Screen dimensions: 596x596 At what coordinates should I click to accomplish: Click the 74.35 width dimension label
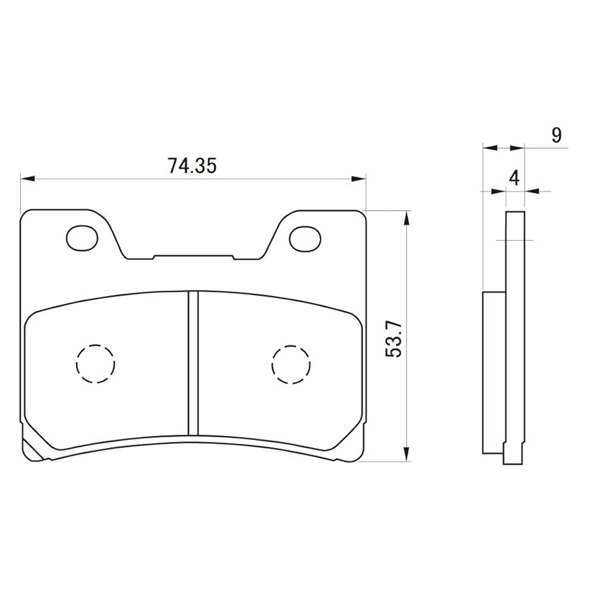tap(192, 166)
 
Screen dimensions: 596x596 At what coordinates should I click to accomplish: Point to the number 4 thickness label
tap(513, 178)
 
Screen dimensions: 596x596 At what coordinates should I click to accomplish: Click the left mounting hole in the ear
tap(82, 237)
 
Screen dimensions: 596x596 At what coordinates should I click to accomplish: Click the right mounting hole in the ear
tap(305, 238)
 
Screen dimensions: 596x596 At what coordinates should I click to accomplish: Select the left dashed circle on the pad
tap(95, 364)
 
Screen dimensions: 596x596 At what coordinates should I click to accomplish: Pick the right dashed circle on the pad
tap(291, 365)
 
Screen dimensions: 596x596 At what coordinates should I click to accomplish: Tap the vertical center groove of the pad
tap(193, 363)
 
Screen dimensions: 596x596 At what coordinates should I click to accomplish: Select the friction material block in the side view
tap(493, 372)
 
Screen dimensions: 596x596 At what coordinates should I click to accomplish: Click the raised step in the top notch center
tap(193, 255)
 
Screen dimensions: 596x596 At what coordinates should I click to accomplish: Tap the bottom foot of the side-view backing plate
tap(513, 457)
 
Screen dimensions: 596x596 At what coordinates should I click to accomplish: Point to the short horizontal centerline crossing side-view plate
tap(515, 239)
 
